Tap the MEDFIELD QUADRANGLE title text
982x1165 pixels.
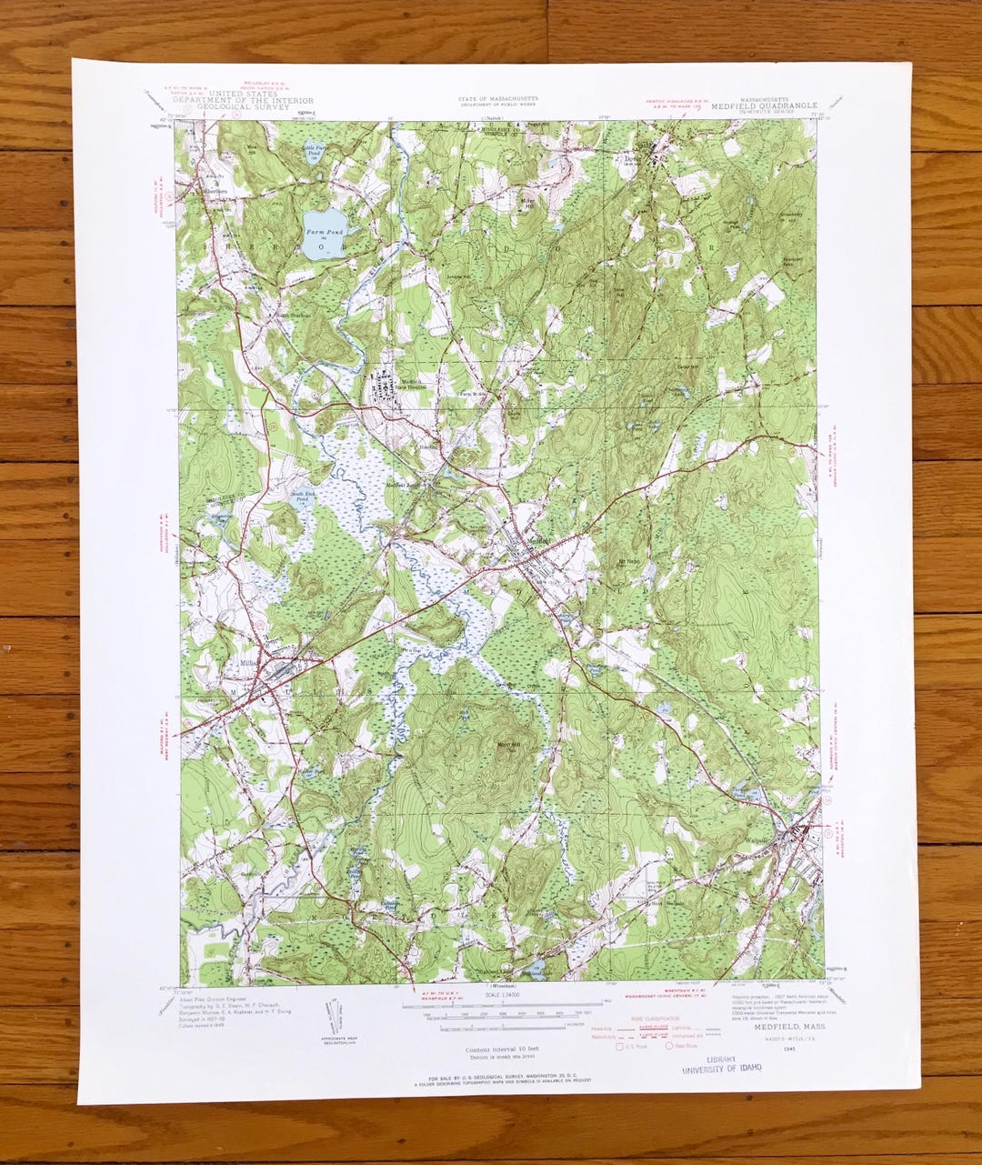pyautogui.click(x=767, y=105)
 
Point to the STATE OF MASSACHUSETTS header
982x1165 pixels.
pyautogui.click(x=497, y=98)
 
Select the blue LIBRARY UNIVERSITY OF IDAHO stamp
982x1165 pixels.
pyautogui.click(x=723, y=1064)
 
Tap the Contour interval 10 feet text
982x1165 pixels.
pyautogui.click(x=496, y=1049)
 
